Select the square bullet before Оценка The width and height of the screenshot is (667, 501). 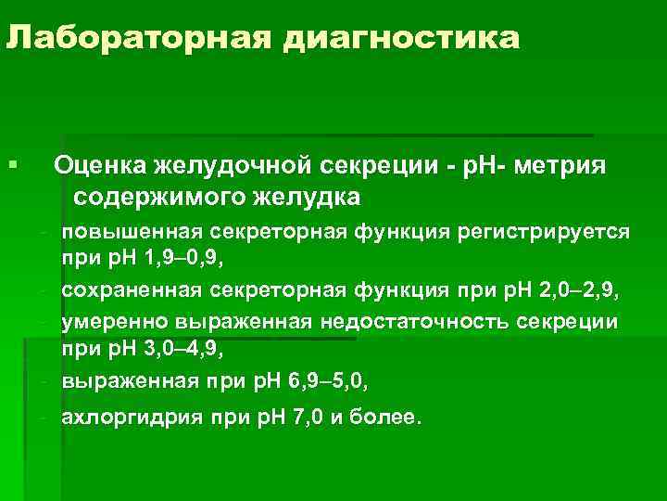(x=10, y=165)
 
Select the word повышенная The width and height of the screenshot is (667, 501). (x=127, y=230)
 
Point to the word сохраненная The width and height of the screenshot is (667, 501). (x=131, y=292)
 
